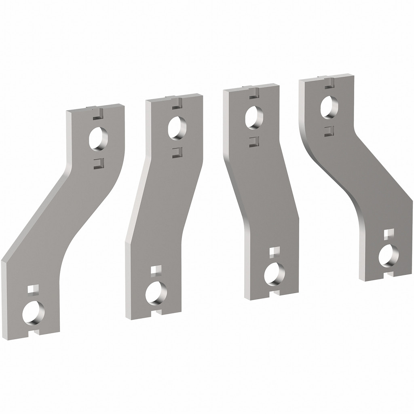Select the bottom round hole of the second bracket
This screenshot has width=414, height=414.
[x=156, y=293]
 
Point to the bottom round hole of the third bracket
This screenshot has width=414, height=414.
[x=275, y=274]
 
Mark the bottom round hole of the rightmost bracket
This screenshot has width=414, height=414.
[x=389, y=256]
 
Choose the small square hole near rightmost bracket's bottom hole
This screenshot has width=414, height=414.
[x=388, y=234]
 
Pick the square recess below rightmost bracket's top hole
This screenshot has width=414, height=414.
[x=329, y=130]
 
